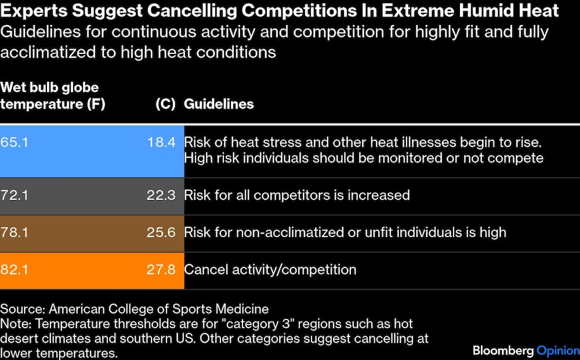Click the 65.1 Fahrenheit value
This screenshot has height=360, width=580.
pos(14,142)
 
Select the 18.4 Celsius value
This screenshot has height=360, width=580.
pos(161,142)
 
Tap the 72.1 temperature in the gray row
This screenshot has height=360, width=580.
pos(14,195)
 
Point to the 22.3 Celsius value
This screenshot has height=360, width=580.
pos(161,195)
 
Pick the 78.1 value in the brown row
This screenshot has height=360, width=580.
pos(14,232)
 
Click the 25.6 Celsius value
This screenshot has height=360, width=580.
pos(161,232)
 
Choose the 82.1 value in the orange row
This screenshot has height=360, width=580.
pos(14,270)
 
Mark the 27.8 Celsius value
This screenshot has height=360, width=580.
pos(161,270)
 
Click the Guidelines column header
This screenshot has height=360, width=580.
pos(219,104)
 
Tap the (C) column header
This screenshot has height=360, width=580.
pos(165,104)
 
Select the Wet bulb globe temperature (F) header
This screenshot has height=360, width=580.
pos(52,96)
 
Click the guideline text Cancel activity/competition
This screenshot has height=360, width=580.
pos(270,270)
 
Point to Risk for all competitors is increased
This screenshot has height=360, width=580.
pos(296,195)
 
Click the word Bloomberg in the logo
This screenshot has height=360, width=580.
pos(503,350)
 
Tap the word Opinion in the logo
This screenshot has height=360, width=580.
pos(557,350)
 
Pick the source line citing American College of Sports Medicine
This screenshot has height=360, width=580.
pos(135,309)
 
